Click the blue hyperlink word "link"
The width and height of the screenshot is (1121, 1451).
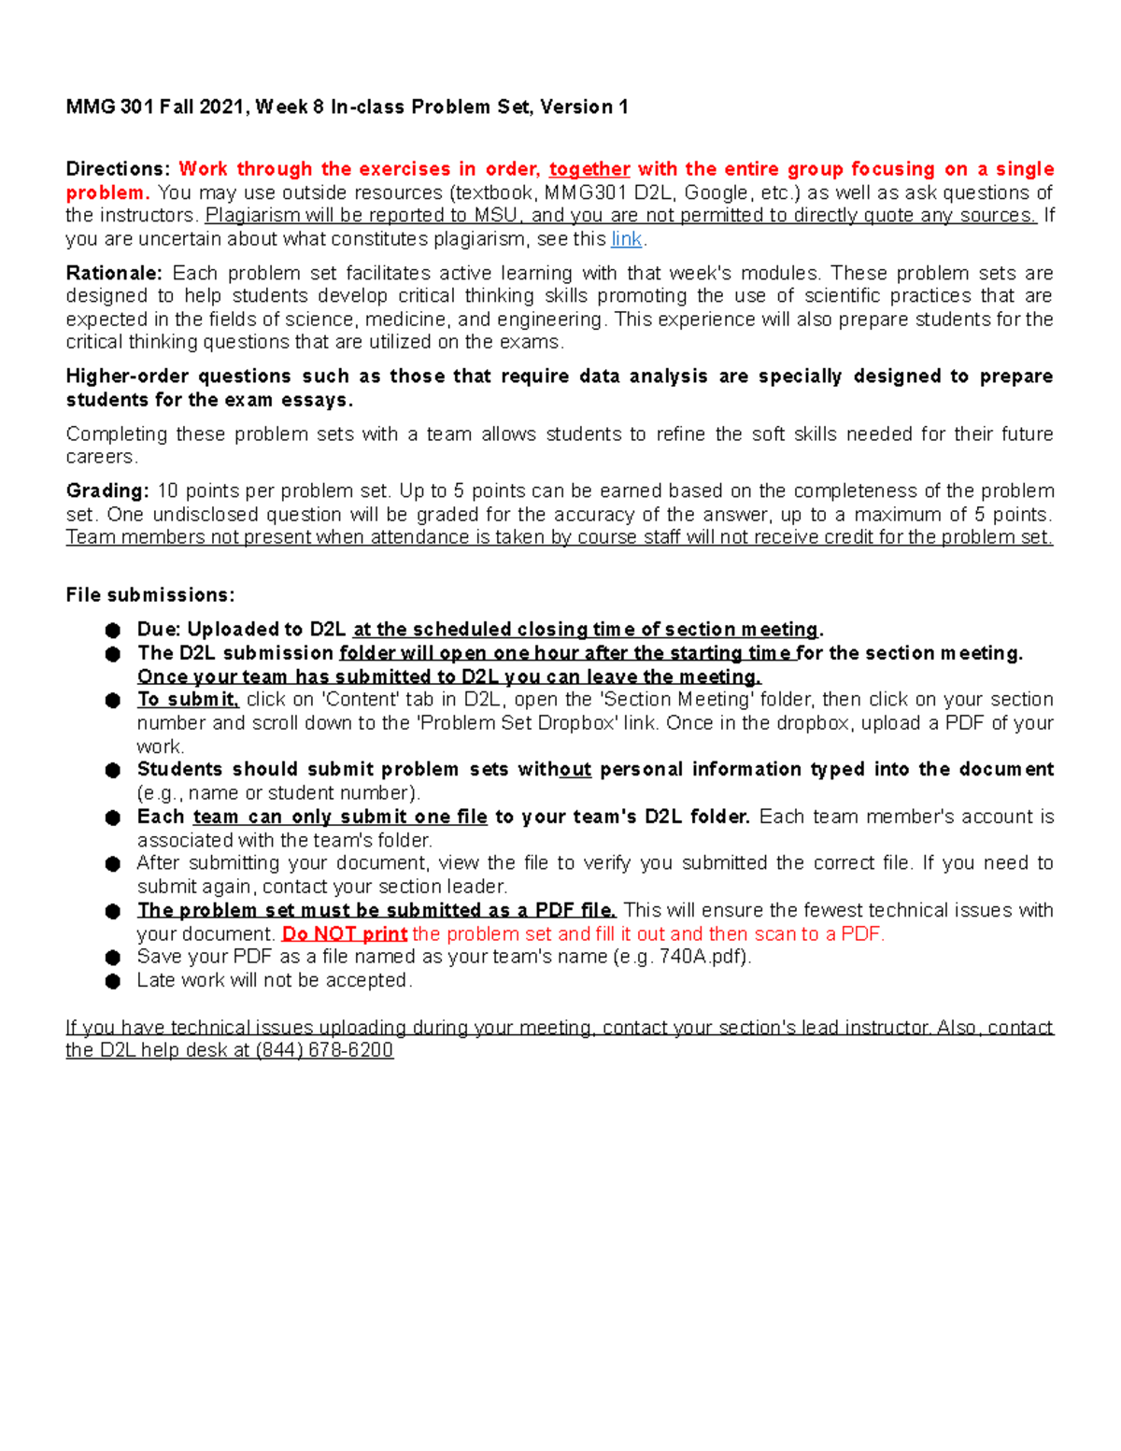click(x=626, y=239)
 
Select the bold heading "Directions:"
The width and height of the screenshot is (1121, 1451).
click(x=118, y=169)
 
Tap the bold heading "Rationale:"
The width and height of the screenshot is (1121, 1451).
click(x=114, y=273)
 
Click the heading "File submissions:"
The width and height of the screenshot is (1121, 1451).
click(x=150, y=595)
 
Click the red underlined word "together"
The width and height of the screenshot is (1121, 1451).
click(x=589, y=169)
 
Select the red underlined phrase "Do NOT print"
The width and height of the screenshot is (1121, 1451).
click(x=345, y=933)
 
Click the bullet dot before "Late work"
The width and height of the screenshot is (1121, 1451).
click(x=113, y=981)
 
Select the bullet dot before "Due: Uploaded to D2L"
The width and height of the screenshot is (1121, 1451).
click(x=113, y=631)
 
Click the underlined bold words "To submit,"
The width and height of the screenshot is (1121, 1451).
click(x=188, y=700)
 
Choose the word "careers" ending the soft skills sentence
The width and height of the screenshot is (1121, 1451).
click(x=101, y=457)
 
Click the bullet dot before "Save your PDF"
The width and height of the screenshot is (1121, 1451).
click(x=113, y=958)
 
